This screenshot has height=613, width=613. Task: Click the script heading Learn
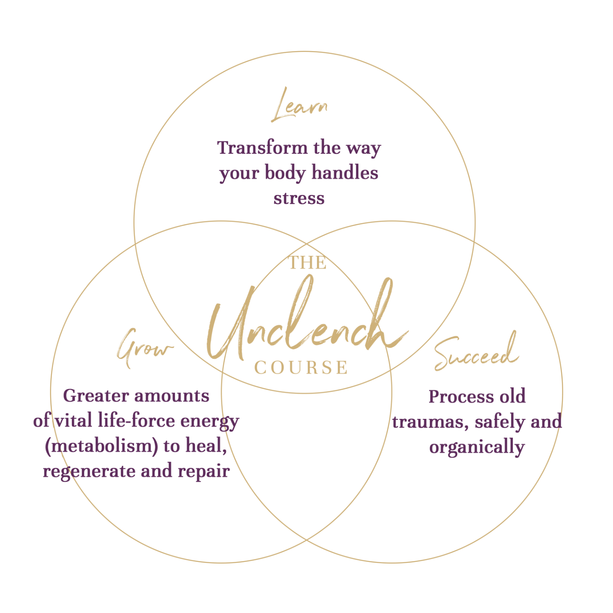click(x=299, y=106)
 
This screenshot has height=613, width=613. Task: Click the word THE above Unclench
click(x=307, y=263)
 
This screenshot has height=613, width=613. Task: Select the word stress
click(x=299, y=198)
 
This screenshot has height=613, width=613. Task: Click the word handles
click(x=344, y=173)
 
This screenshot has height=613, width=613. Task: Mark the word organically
click(x=477, y=447)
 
